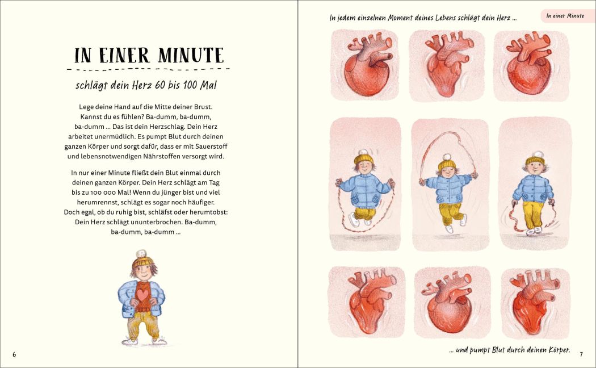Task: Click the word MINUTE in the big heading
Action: [x=191, y=56]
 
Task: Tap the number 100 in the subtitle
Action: [x=190, y=85]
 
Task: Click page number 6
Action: [x=14, y=355]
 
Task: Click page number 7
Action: [x=581, y=355]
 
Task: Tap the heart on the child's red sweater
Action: [x=143, y=295]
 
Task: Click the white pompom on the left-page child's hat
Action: [x=141, y=254]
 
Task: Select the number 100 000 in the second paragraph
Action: [x=99, y=193]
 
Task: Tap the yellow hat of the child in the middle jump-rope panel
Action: [x=447, y=164]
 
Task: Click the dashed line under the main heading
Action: [x=148, y=70]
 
